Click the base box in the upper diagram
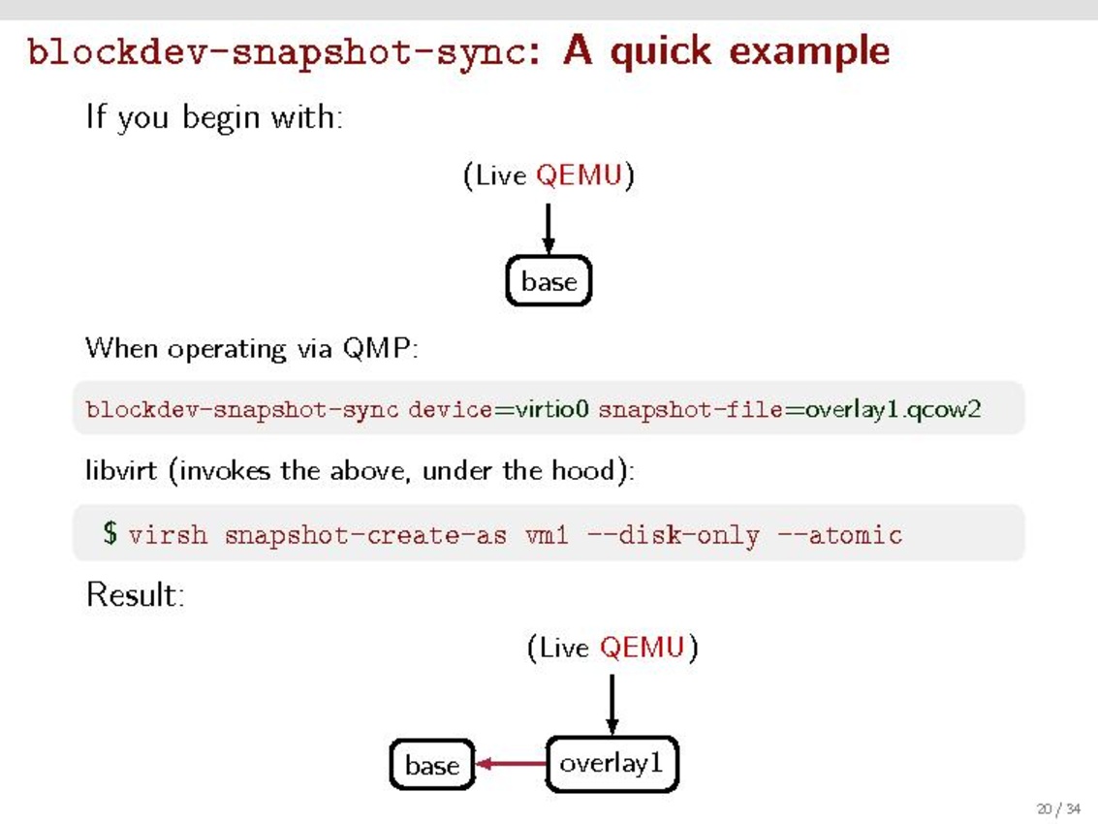[x=549, y=281]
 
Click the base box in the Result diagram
[x=432, y=765]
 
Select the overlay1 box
[x=612, y=764]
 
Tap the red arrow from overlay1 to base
[x=512, y=765]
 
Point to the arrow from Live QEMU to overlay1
[x=612, y=705]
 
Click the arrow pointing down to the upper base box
[x=549, y=229]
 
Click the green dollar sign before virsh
[x=110, y=532]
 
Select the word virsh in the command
[x=168, y=534]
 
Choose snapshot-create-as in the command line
[x=365, y=534]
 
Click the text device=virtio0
[x=498, y=409]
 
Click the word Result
[x=135, y=594]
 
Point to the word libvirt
[x=122, y=471]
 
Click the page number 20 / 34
[x=1058, y=808]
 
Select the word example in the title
[x=808, y=50]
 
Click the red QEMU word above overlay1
[x=642, y=647]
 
